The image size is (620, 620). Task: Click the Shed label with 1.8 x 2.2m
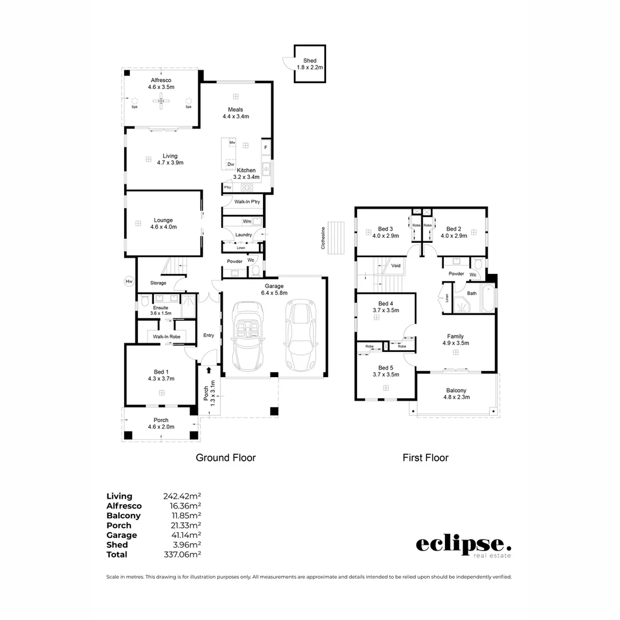click(x=310, y=64)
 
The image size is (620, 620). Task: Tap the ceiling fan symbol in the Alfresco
click(x=161, y=102)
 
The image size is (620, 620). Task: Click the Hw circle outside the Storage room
click(x=129, y=281)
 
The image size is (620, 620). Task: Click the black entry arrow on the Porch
click(x=208, y=371)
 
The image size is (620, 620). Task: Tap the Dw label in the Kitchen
click(x=231, y=164)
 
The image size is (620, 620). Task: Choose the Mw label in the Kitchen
click(x=232, y=142)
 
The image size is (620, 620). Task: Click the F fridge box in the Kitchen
click(x=265, y=147)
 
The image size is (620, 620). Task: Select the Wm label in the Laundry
click(x=246, y=221)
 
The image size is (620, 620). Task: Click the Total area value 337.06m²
click(x=183, y=555)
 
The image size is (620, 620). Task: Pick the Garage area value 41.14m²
click(x=183, y=535)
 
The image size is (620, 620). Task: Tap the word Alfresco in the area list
click(x=124, y=506)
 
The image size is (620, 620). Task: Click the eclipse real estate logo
click(x=463, y=545)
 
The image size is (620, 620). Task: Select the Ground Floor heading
click(x=226, y=458)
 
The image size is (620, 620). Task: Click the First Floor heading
click(x=425, y=458)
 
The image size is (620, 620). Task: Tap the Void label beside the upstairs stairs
click(x=396, y=266)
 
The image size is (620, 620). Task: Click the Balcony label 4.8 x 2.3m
click(x=455, y=393)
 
